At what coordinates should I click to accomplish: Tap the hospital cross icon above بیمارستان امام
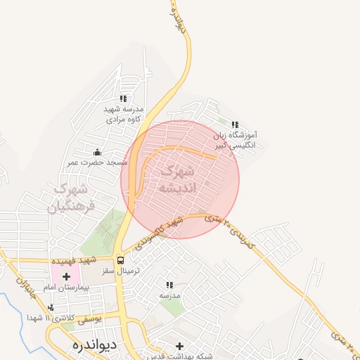click(67, 276)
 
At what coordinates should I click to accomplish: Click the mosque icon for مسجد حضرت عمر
click(97, 152)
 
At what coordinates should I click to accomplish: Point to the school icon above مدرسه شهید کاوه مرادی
click(124, 99)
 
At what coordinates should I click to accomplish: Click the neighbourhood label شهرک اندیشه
click(181, 180)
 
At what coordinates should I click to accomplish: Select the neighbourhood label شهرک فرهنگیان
click(69, 198)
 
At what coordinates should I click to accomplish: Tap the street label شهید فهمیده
click(76, 260)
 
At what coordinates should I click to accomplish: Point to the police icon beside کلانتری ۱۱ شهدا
click(51, 307)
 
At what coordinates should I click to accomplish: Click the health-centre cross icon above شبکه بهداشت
click(180, 346)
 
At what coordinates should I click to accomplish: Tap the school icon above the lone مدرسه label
click(169, 285)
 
